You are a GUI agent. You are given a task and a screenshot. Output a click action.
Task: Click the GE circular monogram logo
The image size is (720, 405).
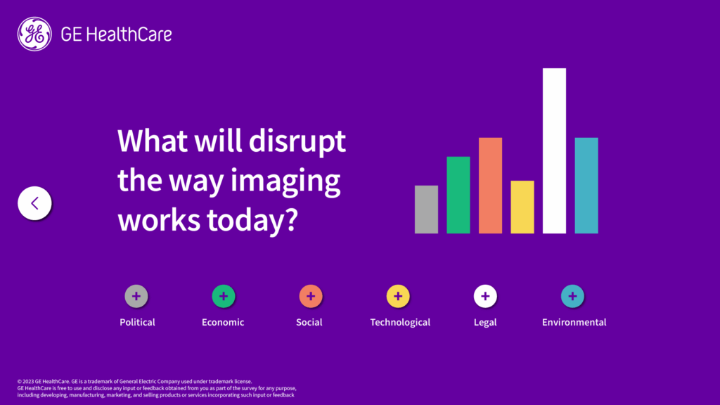click(x=34, y=34)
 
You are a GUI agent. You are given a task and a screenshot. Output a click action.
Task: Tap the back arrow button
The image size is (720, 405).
click(x=34, y=203)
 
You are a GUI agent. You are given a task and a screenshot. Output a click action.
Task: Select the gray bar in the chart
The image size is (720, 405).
click(x=426, y=210)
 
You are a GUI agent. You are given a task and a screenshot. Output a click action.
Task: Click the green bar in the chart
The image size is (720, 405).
click(x=458, y=195)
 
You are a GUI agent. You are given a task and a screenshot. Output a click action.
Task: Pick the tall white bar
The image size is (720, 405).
click(x=554, y=150)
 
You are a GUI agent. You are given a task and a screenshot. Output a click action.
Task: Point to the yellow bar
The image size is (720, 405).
click(x=522, y=207)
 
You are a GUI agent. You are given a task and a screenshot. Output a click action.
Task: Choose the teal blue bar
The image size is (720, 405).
click(x=586, y=186)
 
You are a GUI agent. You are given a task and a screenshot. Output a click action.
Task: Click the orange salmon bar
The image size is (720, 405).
click(x=490, y=186)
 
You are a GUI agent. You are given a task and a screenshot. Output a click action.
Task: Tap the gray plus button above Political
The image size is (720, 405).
click(x=136, y=296)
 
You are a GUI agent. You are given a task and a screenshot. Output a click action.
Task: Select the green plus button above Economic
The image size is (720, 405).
click(x=224, y=296)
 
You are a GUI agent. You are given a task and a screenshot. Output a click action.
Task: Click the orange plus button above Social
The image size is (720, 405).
click(x=311, y=296)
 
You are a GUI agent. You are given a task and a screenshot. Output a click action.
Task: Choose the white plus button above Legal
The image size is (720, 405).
click(x=485, y=296)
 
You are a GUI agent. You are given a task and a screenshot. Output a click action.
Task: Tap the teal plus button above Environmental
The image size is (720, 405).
click(x=572, y=296)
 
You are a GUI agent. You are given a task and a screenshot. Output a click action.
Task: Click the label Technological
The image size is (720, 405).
click(x=400, y=322)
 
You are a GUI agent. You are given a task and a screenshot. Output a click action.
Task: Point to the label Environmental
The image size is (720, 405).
click(x=574, y=322)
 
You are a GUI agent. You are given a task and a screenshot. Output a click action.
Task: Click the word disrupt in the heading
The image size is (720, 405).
click(x=297, y=141)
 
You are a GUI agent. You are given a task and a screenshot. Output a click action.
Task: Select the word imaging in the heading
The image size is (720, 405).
click(x=285, y=182)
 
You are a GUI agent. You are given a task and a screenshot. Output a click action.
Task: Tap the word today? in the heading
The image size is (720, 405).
click(x=252, y=220)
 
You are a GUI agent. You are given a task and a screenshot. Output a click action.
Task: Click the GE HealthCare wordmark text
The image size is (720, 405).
click(x=116, y=34)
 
